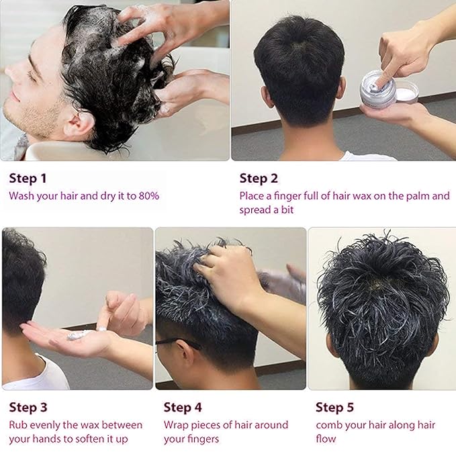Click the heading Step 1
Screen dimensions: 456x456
pos(28,179)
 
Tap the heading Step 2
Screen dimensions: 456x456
pos(259,179)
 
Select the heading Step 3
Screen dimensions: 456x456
pos(28,407)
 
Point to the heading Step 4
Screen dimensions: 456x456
pos(183,407)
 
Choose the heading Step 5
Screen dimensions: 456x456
pos(335,407)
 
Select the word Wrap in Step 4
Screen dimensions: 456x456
pos(177,425)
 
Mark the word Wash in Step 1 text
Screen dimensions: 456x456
pos(21,196)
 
